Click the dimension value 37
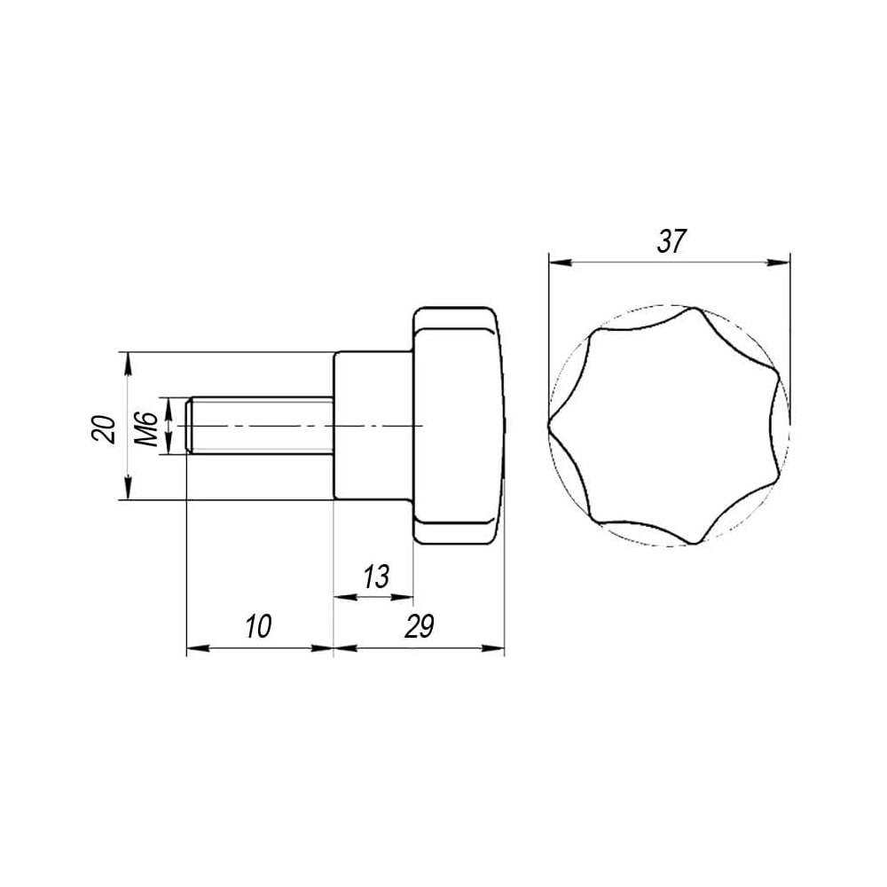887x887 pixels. (671, 242)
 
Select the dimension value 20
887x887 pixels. (104, 429)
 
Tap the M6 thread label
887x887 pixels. (147, 429)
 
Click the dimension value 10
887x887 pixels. (258, 626)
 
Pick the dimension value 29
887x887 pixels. (420, 626)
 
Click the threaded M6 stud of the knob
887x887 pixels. (260, 426)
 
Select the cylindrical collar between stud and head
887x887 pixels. (374, 426)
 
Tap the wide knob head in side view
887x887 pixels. (459, 426)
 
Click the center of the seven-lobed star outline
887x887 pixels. (669, 426)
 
